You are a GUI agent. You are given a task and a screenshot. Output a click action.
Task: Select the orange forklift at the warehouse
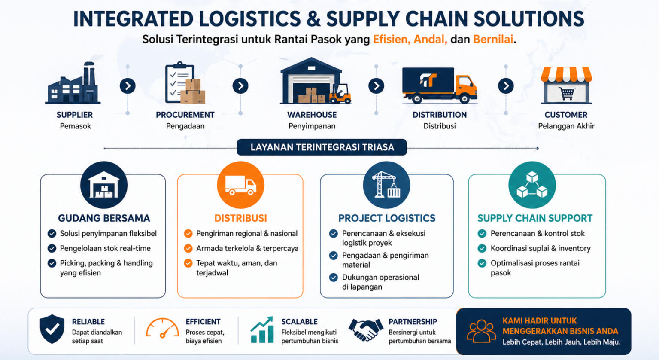[x=340, y=95]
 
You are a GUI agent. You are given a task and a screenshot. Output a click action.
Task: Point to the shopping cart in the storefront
[x=566, y=93]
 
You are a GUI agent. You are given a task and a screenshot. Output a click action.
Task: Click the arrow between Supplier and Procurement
[x=128, y=86]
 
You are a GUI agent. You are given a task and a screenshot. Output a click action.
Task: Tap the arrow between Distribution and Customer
[x=506, y=86]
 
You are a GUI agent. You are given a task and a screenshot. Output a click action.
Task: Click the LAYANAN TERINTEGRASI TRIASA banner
[x=322, y=147]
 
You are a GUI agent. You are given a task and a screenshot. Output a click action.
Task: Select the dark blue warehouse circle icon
[x=103, y=185]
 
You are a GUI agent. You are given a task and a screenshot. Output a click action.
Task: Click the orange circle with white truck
[x=240, y=185]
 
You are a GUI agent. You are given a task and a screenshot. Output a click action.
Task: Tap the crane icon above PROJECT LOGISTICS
[x=386, y=185]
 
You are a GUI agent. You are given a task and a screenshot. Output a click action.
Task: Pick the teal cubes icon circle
[x=532, y=185]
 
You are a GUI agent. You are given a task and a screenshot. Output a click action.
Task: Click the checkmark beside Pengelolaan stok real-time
[x=52, y=248]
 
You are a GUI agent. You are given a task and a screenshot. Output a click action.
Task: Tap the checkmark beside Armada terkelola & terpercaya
[x=188, y=248]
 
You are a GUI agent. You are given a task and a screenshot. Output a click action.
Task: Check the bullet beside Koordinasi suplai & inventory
[x=482, y=248]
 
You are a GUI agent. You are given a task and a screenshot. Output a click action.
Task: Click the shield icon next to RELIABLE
[x=52, y=329]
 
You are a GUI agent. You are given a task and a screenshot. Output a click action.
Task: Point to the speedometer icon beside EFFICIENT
[x=162, y=329]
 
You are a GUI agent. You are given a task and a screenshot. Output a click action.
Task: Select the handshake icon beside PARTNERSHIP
[x=365, y=329]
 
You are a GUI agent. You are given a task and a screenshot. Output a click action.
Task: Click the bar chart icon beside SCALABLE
[x=262, y=330]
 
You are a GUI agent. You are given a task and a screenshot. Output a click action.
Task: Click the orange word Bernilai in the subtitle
[x=493, y=40]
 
